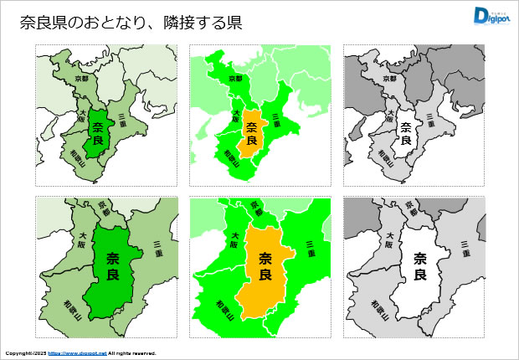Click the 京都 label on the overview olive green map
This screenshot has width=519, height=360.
(x=81, y=77)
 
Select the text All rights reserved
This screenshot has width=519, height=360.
(x=132, y=353)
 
